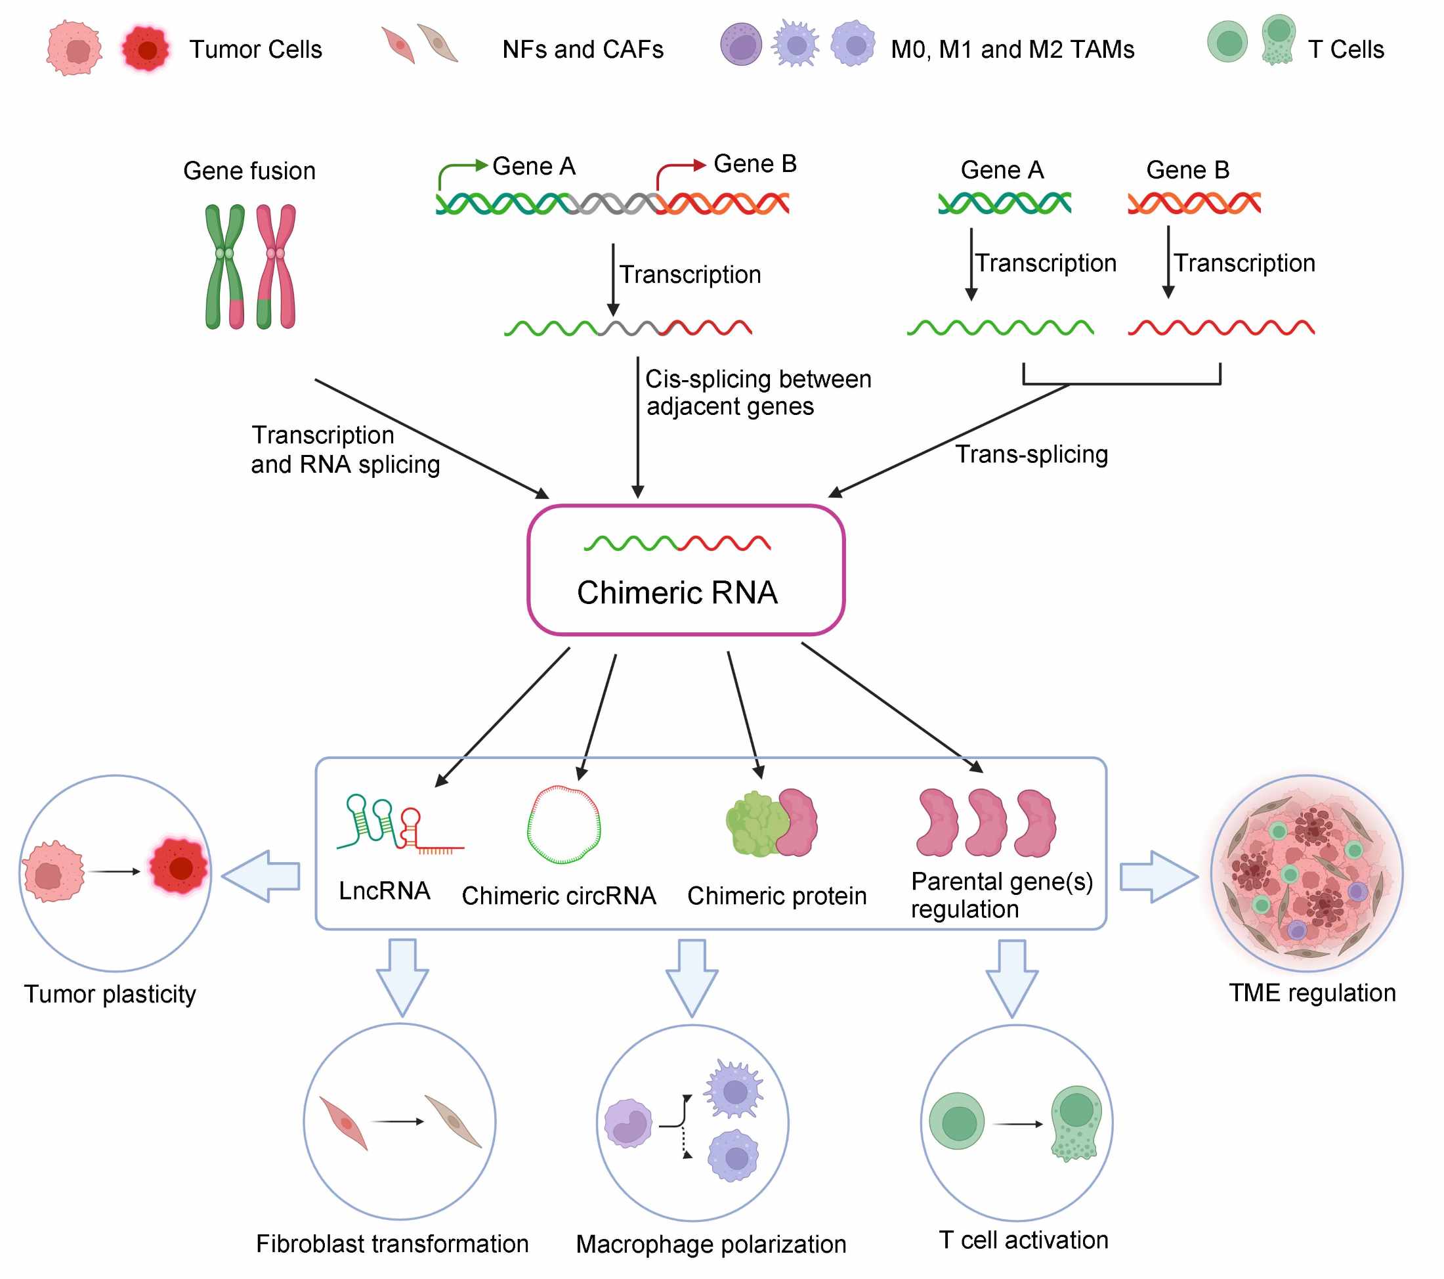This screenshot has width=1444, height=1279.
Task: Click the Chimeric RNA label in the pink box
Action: [x=677, y=592]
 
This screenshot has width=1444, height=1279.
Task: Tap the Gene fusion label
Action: [x=249, y=171]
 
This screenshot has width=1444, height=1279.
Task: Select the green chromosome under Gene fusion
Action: [x=224, y=267]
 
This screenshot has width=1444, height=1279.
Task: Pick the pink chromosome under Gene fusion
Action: [x=276, y=267]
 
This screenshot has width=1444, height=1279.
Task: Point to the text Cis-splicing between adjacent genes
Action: [x=758, y=393]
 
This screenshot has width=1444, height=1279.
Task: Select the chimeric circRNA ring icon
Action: [x=564, y=824]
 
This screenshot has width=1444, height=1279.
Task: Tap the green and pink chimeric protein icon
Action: [x=771, y=823]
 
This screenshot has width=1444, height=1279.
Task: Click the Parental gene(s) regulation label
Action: [x=1002, y=895]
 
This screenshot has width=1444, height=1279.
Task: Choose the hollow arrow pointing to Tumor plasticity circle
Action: [x=261, y=877]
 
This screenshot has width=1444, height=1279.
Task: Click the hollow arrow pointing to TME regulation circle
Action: [x=1159, y=877]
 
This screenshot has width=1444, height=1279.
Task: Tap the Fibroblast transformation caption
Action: [x=392, y=1244]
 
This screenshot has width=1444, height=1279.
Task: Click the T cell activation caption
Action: [x=1024, y=1240]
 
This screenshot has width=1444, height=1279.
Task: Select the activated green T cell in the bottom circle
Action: [x=1075, y=1124]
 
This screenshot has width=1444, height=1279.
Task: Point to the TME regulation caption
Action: [x=1312, y=993]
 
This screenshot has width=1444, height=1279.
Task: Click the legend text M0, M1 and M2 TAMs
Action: [x=1012, y=49]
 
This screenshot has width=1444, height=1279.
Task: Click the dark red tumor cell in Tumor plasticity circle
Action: [x=179, y=868]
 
